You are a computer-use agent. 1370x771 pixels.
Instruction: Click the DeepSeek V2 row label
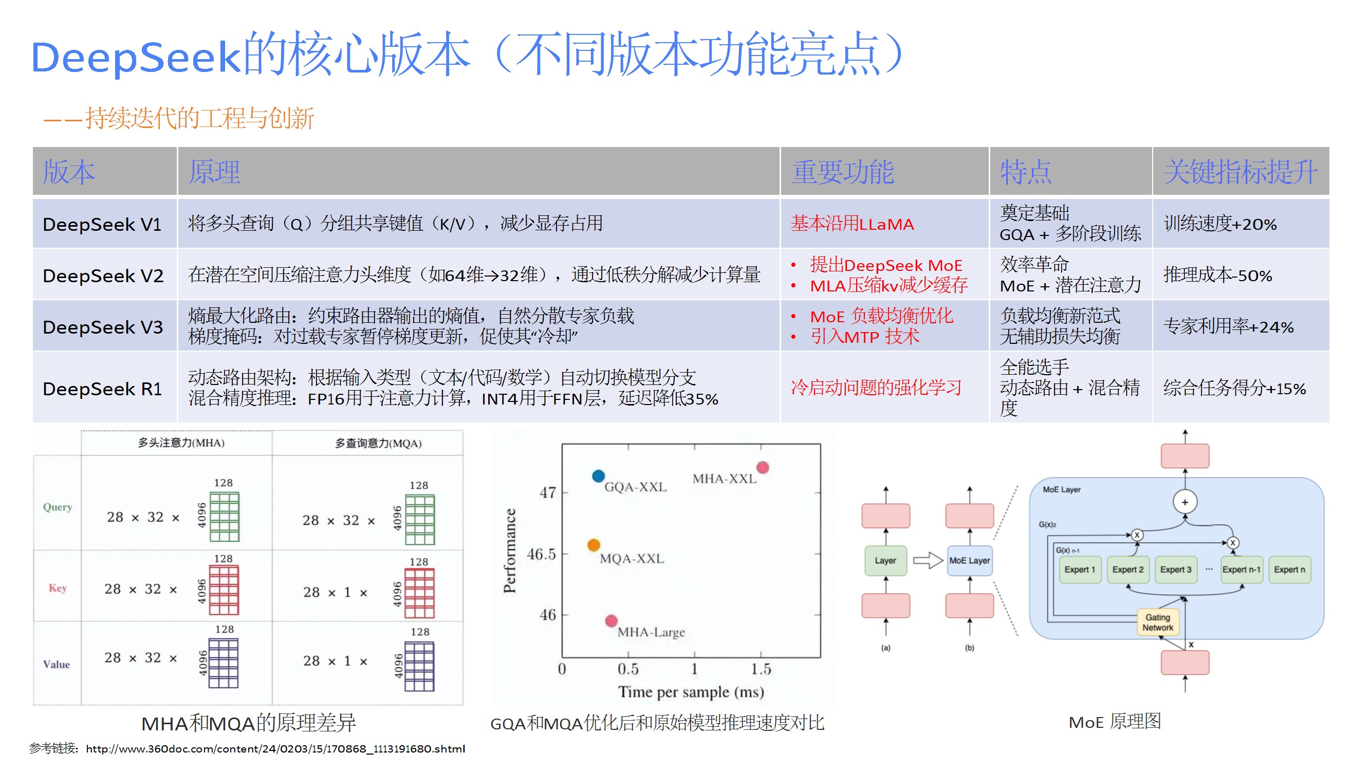click(103, 276)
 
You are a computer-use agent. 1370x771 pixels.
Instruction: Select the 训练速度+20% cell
click(1219, 224)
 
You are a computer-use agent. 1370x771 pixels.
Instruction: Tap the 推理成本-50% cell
click(1217, 275)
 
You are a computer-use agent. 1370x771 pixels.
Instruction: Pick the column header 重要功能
click(843, 172)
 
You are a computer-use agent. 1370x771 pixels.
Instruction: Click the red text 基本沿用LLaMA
click(852, 224)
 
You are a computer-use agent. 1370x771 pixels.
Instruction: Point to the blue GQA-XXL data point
click(598, 475)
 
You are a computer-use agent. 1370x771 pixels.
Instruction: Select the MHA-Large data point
click(611, 620)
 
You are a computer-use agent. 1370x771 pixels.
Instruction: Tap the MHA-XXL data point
click(763, 468)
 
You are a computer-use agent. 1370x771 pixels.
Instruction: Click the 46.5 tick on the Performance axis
click(542, 555)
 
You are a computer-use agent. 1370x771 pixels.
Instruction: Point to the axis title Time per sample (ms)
click(691, 692)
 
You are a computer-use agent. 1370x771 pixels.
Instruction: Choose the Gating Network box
click(1157, 622)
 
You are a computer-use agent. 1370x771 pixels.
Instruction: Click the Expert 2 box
click(1127, 570)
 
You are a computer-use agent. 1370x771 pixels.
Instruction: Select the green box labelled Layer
click(885, 560)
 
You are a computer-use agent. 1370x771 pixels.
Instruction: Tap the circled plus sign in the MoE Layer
click(1184, 502)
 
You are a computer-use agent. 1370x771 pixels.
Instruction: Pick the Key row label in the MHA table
click(58, 588)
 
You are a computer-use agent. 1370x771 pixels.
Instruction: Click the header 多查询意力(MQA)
click(378, 443)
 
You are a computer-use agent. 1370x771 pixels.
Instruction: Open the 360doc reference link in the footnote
click(275, 749)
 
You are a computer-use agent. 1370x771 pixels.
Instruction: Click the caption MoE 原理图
click(1115, 722)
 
